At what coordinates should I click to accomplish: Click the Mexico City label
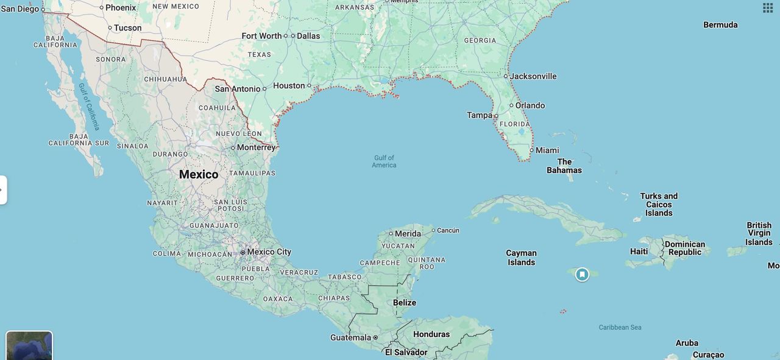(x=269, y=252)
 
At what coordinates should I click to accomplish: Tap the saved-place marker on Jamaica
(x=582, y=275)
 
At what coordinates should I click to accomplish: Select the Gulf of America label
(x=384, y=161)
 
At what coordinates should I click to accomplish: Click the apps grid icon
(x=768, y=8)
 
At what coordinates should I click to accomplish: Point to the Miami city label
(x=547, y=150)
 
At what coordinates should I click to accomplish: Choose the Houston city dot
(x=309, y=86)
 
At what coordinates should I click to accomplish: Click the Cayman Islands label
(x=521, y=258)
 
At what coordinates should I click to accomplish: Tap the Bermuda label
(x=720, y=25)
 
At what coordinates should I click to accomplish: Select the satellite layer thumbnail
(x=29, y=345)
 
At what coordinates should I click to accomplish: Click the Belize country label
(x=405, y=303)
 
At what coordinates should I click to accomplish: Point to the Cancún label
(x=448, y=230)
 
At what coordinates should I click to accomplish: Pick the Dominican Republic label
(x=685, y=248)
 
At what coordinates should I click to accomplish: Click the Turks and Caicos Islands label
(x=659, y=205)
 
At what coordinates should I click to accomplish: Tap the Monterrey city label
(x=256, y=147)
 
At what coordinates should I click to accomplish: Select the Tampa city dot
(x=496, y=116)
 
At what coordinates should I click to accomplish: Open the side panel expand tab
(x=3, y=190)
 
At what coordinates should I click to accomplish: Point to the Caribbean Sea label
(x=620, y=327)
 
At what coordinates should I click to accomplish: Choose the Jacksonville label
(x=533, y=76)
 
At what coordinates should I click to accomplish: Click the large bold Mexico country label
(x=199, y=174)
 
